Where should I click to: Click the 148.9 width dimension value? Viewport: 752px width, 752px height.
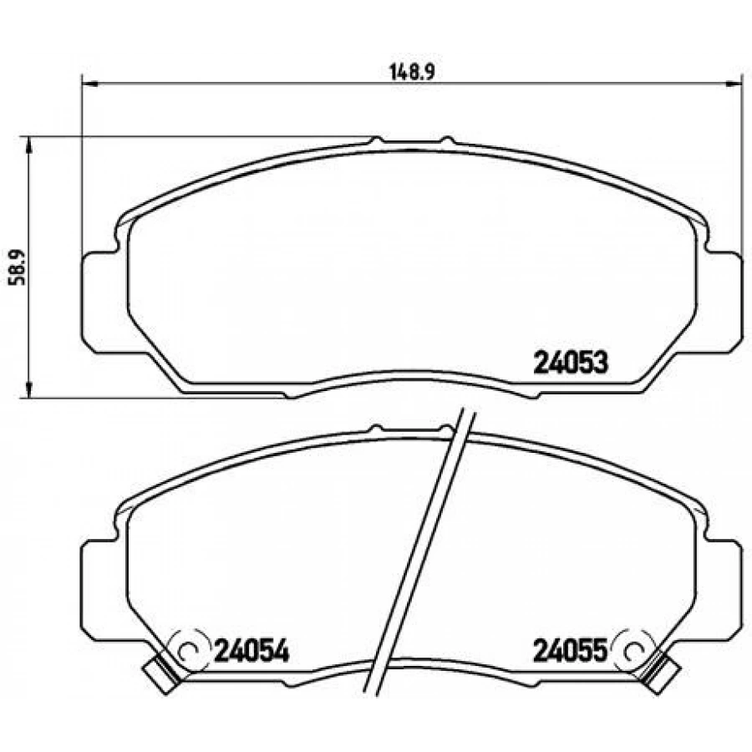tap(412, 73)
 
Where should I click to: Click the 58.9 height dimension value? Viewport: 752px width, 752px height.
tap(18, 267)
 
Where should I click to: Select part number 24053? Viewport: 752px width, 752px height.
tap(571, 363)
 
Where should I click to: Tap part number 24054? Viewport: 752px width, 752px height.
tap(252, 651)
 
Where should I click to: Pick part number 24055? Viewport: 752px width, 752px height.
tap(571, 651)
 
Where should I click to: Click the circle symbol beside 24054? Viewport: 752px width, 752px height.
tap(191, 651)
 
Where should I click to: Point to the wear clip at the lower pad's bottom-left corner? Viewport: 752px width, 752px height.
tap(161, 676)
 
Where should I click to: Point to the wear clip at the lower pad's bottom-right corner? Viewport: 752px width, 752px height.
tap(660, 675)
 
